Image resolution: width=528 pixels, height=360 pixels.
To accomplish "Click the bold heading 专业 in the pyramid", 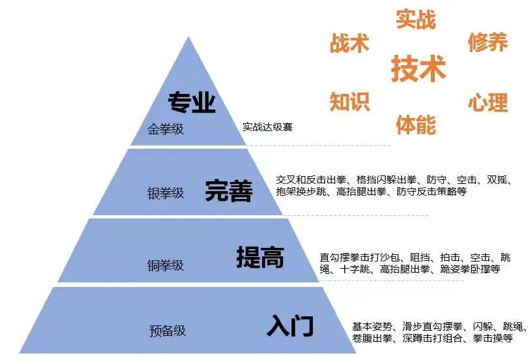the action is point(192,102).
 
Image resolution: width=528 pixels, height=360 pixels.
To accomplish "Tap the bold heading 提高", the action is point(260,258).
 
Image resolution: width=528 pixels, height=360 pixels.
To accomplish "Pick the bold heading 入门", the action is point(291,325).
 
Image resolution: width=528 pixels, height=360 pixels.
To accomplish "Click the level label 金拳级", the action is point(166,128).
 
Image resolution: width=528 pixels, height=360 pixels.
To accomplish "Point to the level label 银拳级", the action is point(166,194).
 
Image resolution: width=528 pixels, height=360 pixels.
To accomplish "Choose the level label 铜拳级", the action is point(166,265).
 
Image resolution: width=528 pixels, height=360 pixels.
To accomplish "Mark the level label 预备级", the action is point(168,331).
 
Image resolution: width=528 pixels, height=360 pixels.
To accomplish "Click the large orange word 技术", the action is point(418,68).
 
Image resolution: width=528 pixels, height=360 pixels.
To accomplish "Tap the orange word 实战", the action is point(415,20).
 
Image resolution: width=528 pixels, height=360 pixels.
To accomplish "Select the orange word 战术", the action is point(349,43).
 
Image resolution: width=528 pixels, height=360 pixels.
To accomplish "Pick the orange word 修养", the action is point(488,43).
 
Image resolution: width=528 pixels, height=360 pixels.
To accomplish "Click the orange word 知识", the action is point(349,102).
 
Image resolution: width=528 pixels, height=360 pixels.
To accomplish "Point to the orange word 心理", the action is point(488,102).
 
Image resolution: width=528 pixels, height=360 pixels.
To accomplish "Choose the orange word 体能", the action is point(415,124).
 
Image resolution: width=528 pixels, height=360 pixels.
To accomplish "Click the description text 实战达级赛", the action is point(267,127).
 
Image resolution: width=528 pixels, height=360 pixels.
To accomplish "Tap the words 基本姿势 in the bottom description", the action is point(373,326).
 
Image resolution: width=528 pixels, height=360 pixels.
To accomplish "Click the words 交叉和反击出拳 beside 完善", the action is point(313,179).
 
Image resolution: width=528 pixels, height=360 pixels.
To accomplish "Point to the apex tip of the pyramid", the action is point(190,38).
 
